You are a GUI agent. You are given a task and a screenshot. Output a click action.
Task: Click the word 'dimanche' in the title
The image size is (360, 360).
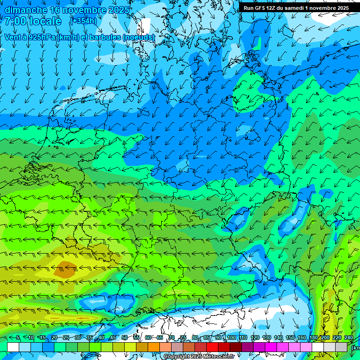[26, 10]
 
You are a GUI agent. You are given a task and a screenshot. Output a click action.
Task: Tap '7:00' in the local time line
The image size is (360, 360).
[15, 21]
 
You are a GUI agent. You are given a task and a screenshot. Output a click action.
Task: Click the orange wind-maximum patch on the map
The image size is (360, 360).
[64, 270]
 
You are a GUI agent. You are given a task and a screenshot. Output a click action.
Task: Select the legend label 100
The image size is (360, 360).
[231, 337]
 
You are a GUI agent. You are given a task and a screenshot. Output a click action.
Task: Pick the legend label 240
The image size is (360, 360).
[348, 337]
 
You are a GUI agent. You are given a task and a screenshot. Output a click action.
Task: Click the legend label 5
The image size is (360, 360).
[18, 337]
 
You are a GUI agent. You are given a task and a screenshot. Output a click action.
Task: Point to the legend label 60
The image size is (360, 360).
[148, 337]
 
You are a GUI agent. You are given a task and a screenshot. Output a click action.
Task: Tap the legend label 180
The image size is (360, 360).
[313, 337]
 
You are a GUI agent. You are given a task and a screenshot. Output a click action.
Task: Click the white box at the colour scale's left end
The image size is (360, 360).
[13, 347]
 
